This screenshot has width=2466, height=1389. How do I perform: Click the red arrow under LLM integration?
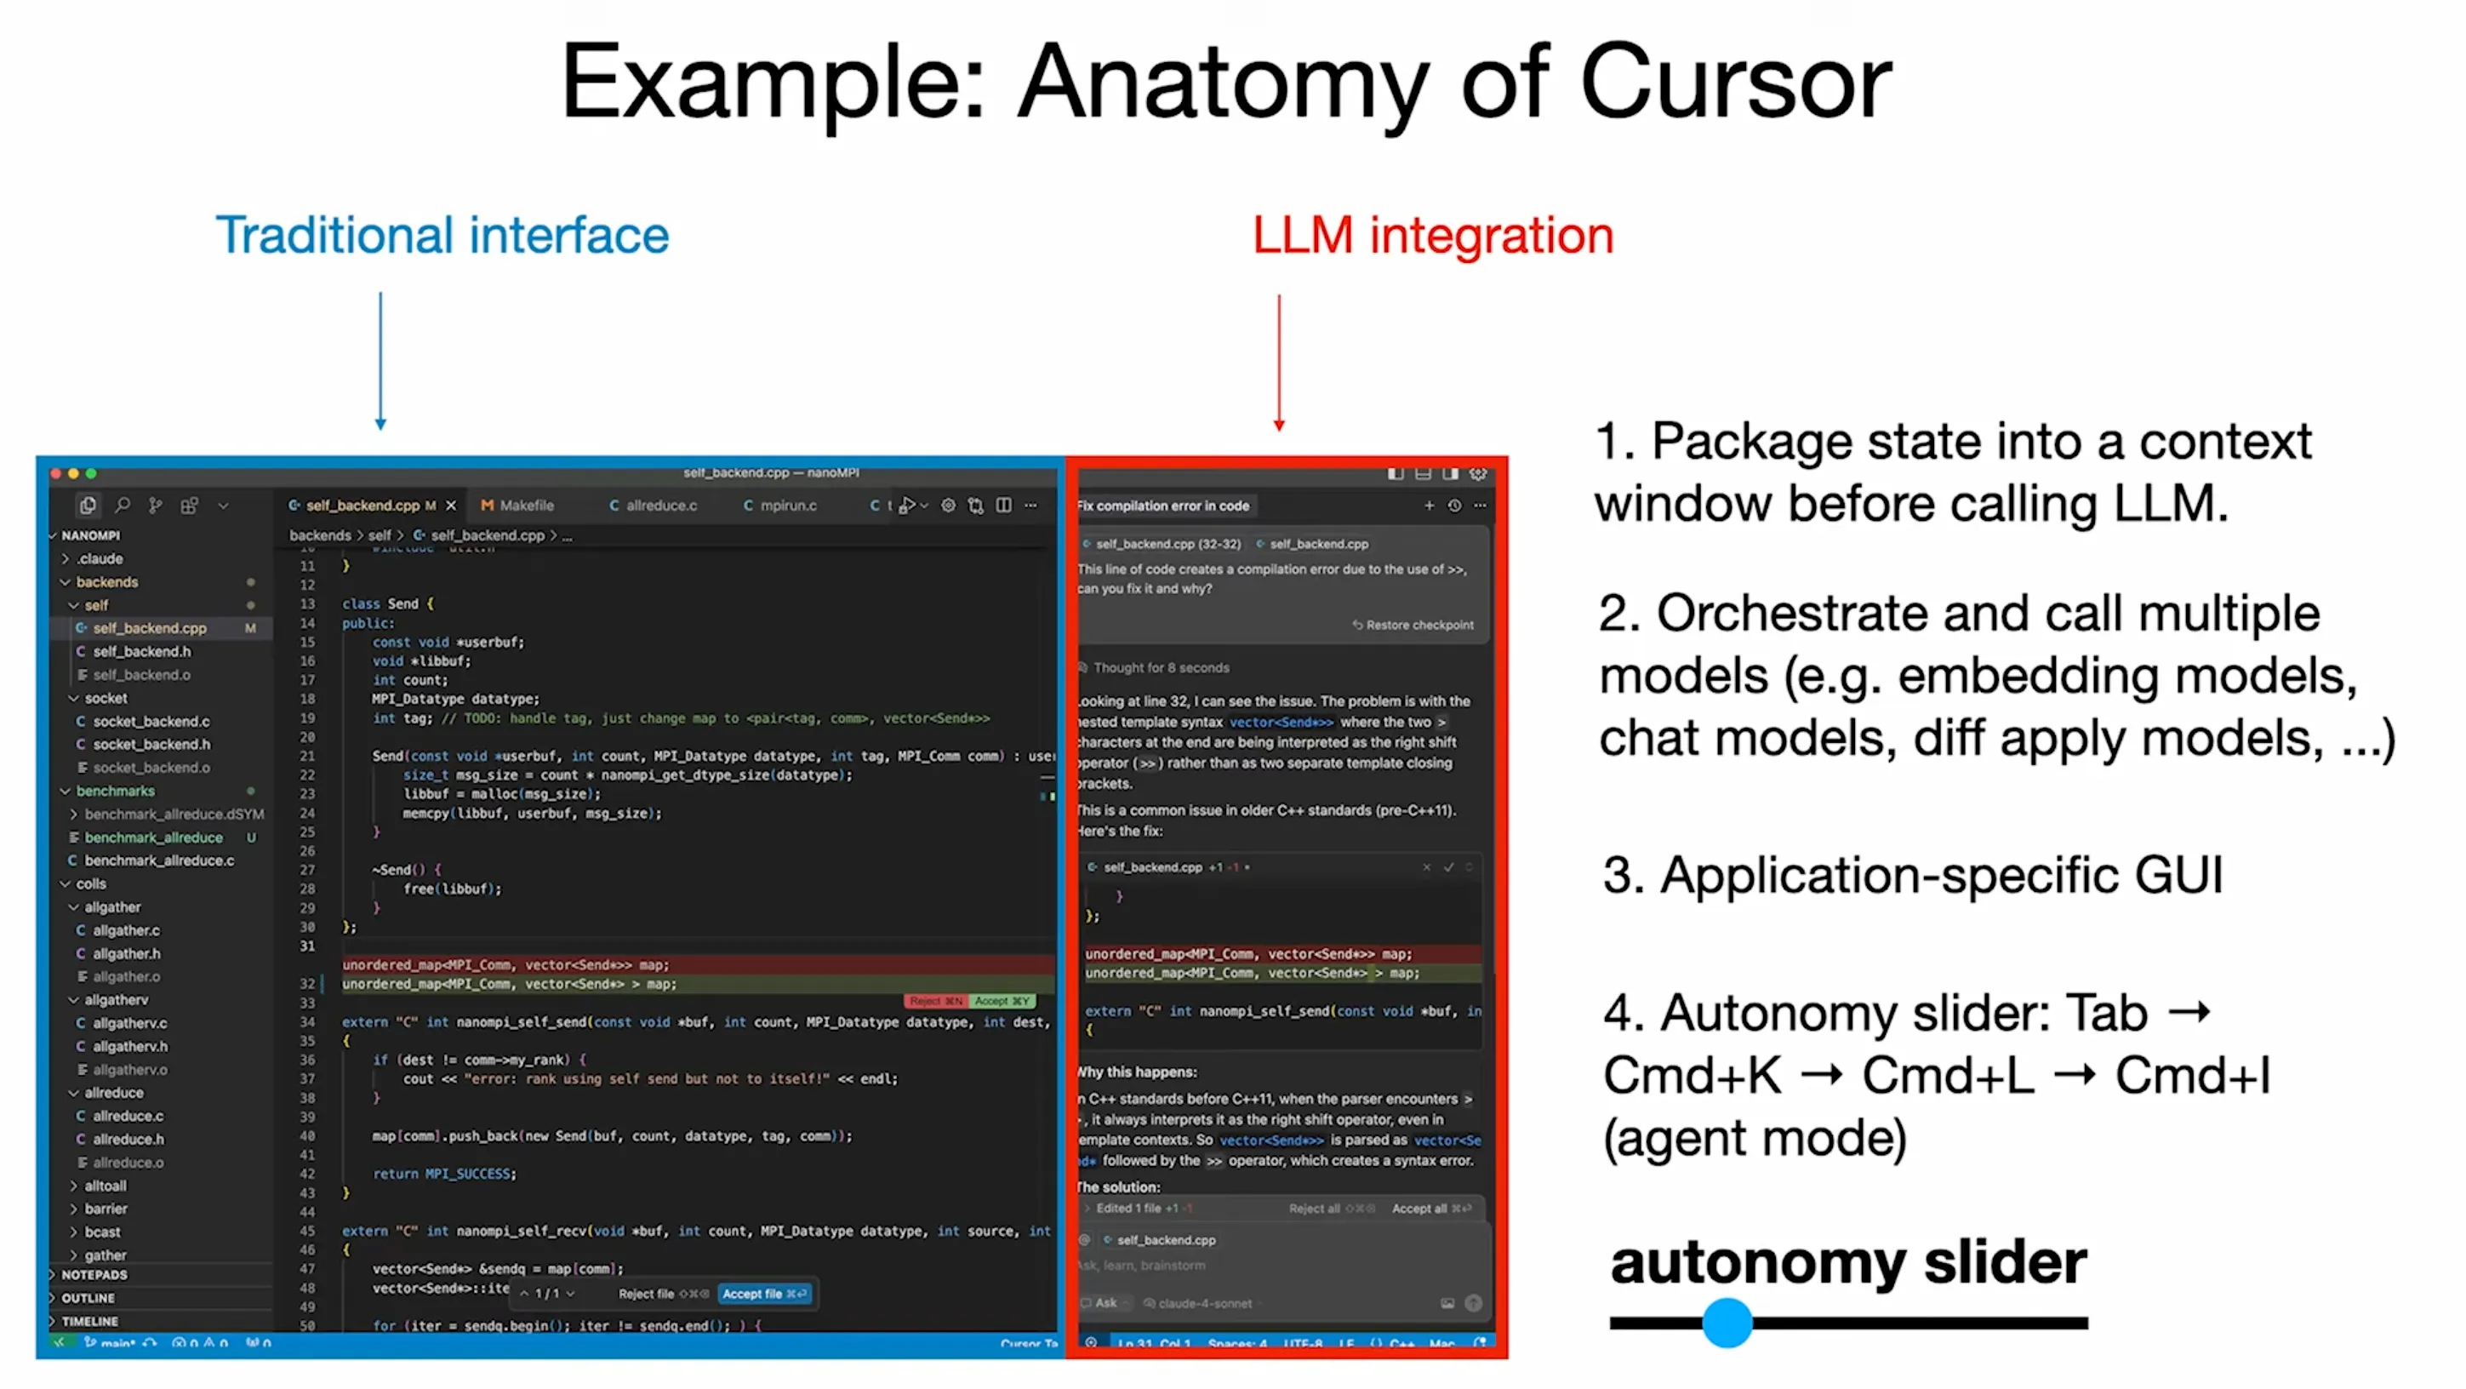(1279, 363)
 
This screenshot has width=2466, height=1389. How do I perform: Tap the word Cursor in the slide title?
(1734, 83)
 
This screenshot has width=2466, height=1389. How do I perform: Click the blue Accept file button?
(763, 1294)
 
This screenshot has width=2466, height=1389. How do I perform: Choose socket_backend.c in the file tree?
(151, 721)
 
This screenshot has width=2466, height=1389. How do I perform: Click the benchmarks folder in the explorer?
(115, 791)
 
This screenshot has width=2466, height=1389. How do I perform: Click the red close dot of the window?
(56, 474)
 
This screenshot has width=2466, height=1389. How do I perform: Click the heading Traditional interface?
(442, 236)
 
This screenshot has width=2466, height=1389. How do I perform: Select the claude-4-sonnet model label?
(1204, 1303)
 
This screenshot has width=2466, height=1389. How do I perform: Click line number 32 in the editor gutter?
(307, 983)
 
